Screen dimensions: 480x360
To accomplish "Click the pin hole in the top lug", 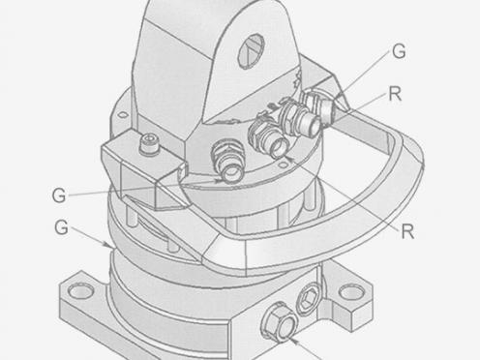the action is pos(251,50).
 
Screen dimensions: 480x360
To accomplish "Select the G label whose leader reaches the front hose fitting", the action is pos(59,195).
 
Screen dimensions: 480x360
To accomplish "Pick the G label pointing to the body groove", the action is pos(61,227).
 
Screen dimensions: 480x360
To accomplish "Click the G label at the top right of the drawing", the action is pos(399,51).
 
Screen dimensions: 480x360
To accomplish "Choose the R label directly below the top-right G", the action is pos(395,94).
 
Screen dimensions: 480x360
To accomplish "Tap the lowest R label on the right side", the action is pos(407,231).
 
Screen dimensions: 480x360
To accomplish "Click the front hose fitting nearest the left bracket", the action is pos(227,160).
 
